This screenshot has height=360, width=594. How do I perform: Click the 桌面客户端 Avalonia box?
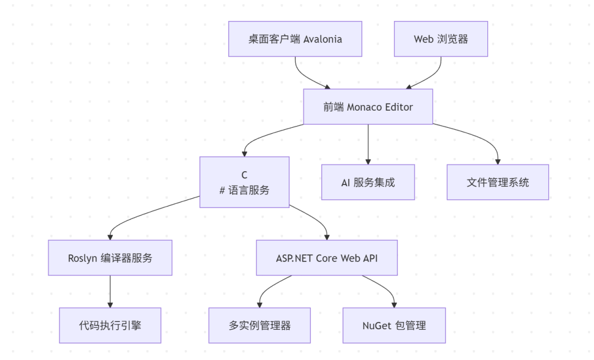coord(295,39)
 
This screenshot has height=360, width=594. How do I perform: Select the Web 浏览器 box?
coord(441,39)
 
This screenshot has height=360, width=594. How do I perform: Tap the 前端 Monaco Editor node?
coord(368,107)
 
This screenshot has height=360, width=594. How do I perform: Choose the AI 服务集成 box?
coord(367,182)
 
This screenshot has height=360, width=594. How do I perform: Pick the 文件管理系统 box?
coord(497,182)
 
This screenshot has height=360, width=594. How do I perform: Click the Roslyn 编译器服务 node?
coord(110,258)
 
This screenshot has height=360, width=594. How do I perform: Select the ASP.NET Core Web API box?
coord(327,258)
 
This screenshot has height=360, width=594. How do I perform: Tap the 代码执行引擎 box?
coord(110,325)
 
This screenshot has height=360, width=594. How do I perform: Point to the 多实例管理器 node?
coord(260,325)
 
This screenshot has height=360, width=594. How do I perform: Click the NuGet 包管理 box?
coord(394,325)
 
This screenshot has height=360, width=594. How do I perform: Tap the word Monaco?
coord(364,107)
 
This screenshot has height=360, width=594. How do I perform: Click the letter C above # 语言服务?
coord(244,175)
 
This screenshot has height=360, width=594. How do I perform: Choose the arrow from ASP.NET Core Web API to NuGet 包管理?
coord(385,289)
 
